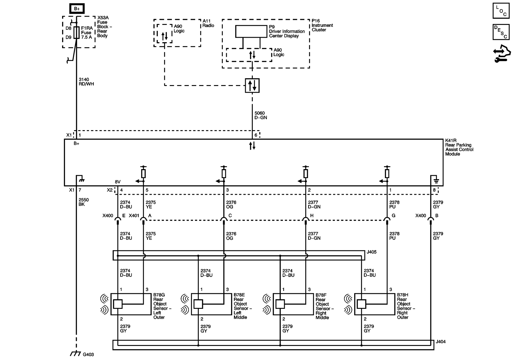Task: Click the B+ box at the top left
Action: (x=77, y=9)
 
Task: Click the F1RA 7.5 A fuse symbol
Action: (x=76, y=33)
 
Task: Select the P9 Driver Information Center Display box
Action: (x=251, y=31)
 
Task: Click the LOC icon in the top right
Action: (x=501, y=11)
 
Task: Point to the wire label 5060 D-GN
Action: (x=260, y=115)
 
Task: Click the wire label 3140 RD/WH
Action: (x=86, y=82)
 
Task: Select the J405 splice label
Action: (x=372, y=252)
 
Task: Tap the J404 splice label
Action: (x=440, y=341)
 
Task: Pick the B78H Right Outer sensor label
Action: (x=406, y=306)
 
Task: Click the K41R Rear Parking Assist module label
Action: (x=459, y=147)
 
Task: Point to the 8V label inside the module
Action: (x=118, y=182)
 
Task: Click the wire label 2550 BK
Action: (x=84, y=202)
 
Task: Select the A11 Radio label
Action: (x=208, y=23)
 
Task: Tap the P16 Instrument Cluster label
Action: (x=322, y=25)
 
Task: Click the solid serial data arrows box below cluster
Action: (x=252, y=85)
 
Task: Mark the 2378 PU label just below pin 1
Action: (x=394, y=205)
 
